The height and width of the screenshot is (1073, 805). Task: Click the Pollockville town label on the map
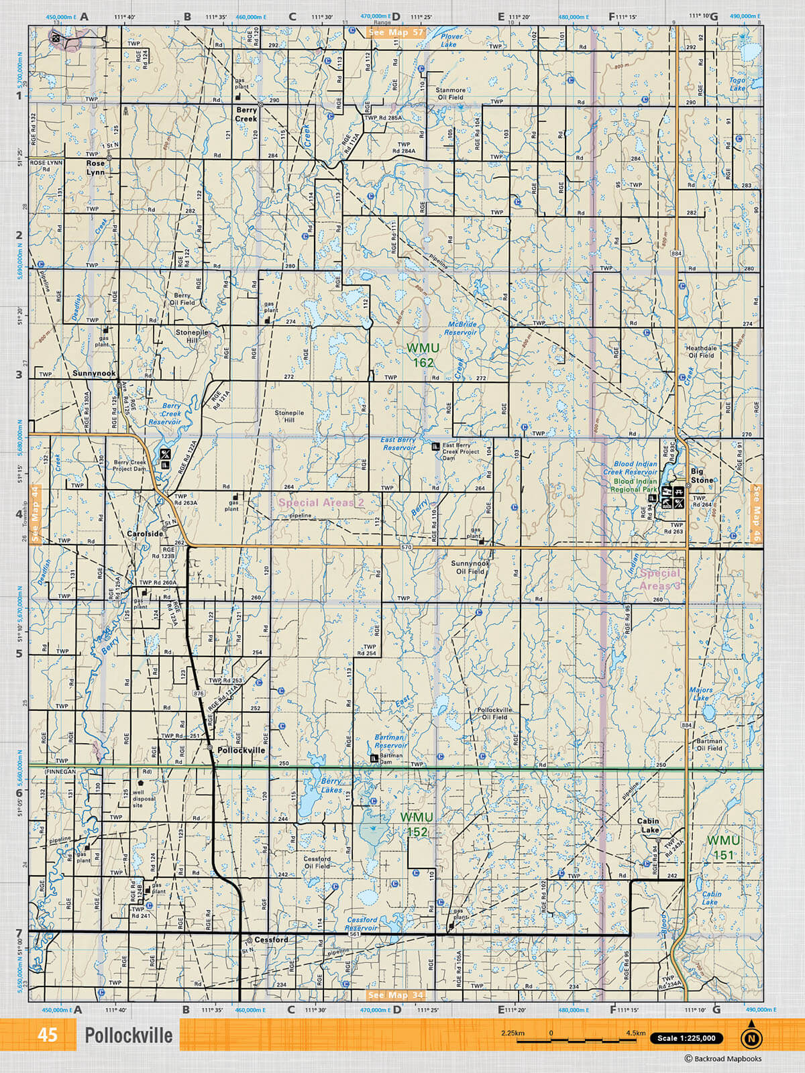point(241,750)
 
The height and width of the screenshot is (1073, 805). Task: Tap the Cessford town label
point(271,940)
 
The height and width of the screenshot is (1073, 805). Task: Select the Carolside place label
point(146,534)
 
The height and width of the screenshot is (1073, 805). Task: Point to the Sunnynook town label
point(94,374)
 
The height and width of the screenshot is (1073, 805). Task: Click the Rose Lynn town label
point(96,168)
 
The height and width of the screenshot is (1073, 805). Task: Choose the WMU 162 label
point(423,355)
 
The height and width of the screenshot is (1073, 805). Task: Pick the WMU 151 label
point(724,848)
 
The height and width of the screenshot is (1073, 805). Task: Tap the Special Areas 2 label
point(321,502)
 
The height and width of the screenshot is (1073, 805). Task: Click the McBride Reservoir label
point(462,328)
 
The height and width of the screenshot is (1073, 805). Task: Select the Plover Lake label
point(450,41)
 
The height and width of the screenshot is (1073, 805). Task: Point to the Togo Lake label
point(737,84)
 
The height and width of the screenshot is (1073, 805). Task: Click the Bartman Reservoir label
point(390,741)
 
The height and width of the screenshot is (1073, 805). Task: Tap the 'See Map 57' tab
point(396,32)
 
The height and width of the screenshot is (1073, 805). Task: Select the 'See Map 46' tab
point(757,513)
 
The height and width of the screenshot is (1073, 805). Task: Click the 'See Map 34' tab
point(396,995)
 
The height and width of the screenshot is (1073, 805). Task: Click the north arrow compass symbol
point(751,1037)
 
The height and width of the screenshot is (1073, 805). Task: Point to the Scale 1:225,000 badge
point(687,1038)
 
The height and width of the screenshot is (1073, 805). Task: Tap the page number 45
point(48,1035)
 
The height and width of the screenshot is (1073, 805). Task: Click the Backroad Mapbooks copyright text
point(723,1059)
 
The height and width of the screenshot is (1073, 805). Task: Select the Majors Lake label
point(701,693)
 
